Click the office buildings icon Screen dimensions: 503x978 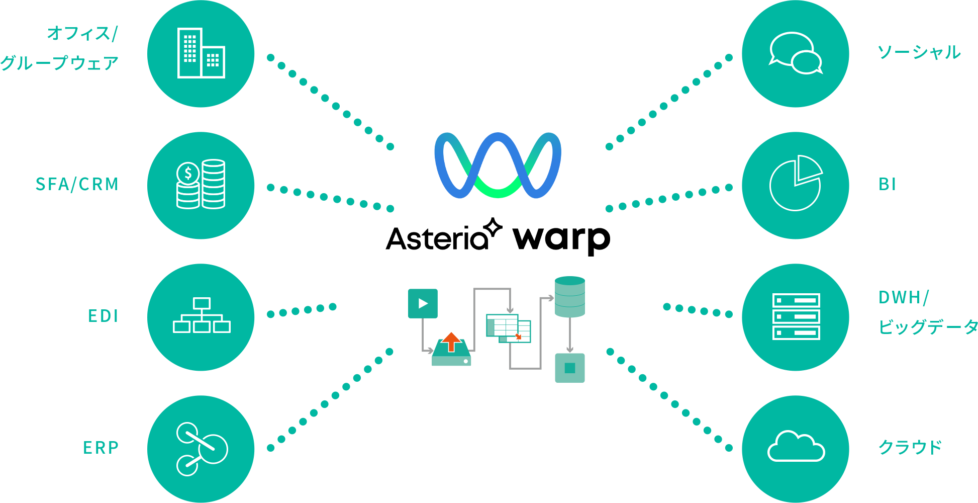pos(201,53)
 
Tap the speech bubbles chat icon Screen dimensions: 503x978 pos(796,53)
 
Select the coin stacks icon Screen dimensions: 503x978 pos(201,184)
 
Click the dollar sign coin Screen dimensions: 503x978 pos(188,174)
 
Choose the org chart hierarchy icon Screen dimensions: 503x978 pos(202,315)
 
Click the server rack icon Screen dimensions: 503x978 pos(796,316)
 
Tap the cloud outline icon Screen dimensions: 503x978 pos(796,447)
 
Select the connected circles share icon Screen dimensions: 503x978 pos(202,449)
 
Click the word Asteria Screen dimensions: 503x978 pos(436,238)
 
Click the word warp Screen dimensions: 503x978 pos(561,238)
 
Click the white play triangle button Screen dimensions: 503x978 pos(423,303)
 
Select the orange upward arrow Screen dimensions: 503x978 pos(451,342)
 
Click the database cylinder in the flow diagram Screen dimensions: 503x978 pos(569,298)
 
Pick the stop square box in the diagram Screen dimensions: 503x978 pos(569,368)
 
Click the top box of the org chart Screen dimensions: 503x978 pos(202,303)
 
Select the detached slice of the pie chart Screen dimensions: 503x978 pos(807,167)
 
